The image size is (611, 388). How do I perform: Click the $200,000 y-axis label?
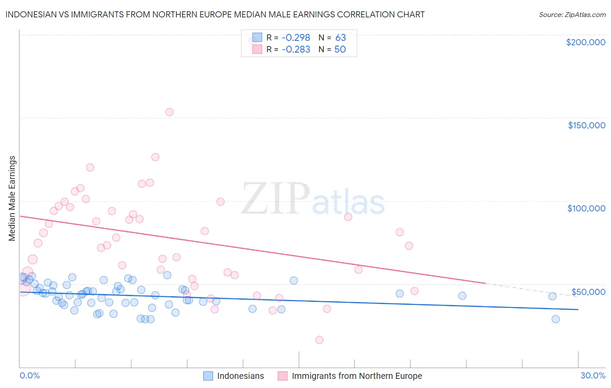click(585, 42)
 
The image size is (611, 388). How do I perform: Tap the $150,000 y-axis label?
click(586, 125)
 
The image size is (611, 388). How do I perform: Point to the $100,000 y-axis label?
click(586, 208)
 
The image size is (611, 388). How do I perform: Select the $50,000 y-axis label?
click(588, 291)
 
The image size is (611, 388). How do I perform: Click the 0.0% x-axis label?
click(30, 375)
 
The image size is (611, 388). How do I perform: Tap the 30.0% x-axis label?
click(593, 375)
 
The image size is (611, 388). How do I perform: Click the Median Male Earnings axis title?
click(12, 198)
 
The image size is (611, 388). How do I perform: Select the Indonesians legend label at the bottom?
click(240, 376)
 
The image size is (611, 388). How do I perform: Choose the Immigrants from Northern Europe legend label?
click(357, 376)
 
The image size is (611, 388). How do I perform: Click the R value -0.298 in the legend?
click(296, 38)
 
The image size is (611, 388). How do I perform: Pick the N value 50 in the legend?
click(340, 50)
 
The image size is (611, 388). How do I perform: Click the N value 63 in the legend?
click(340, 38)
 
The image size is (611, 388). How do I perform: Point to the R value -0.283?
click(296, 50)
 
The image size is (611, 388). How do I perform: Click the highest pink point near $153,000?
click(169, 112)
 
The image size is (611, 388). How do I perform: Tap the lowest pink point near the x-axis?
click(319, 340)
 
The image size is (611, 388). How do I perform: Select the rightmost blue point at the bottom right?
click(555, 319)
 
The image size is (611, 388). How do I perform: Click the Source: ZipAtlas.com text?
click(572, 15)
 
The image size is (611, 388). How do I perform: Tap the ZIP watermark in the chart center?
click(275, 199)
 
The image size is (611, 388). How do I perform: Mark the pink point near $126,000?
click(155, 157)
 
